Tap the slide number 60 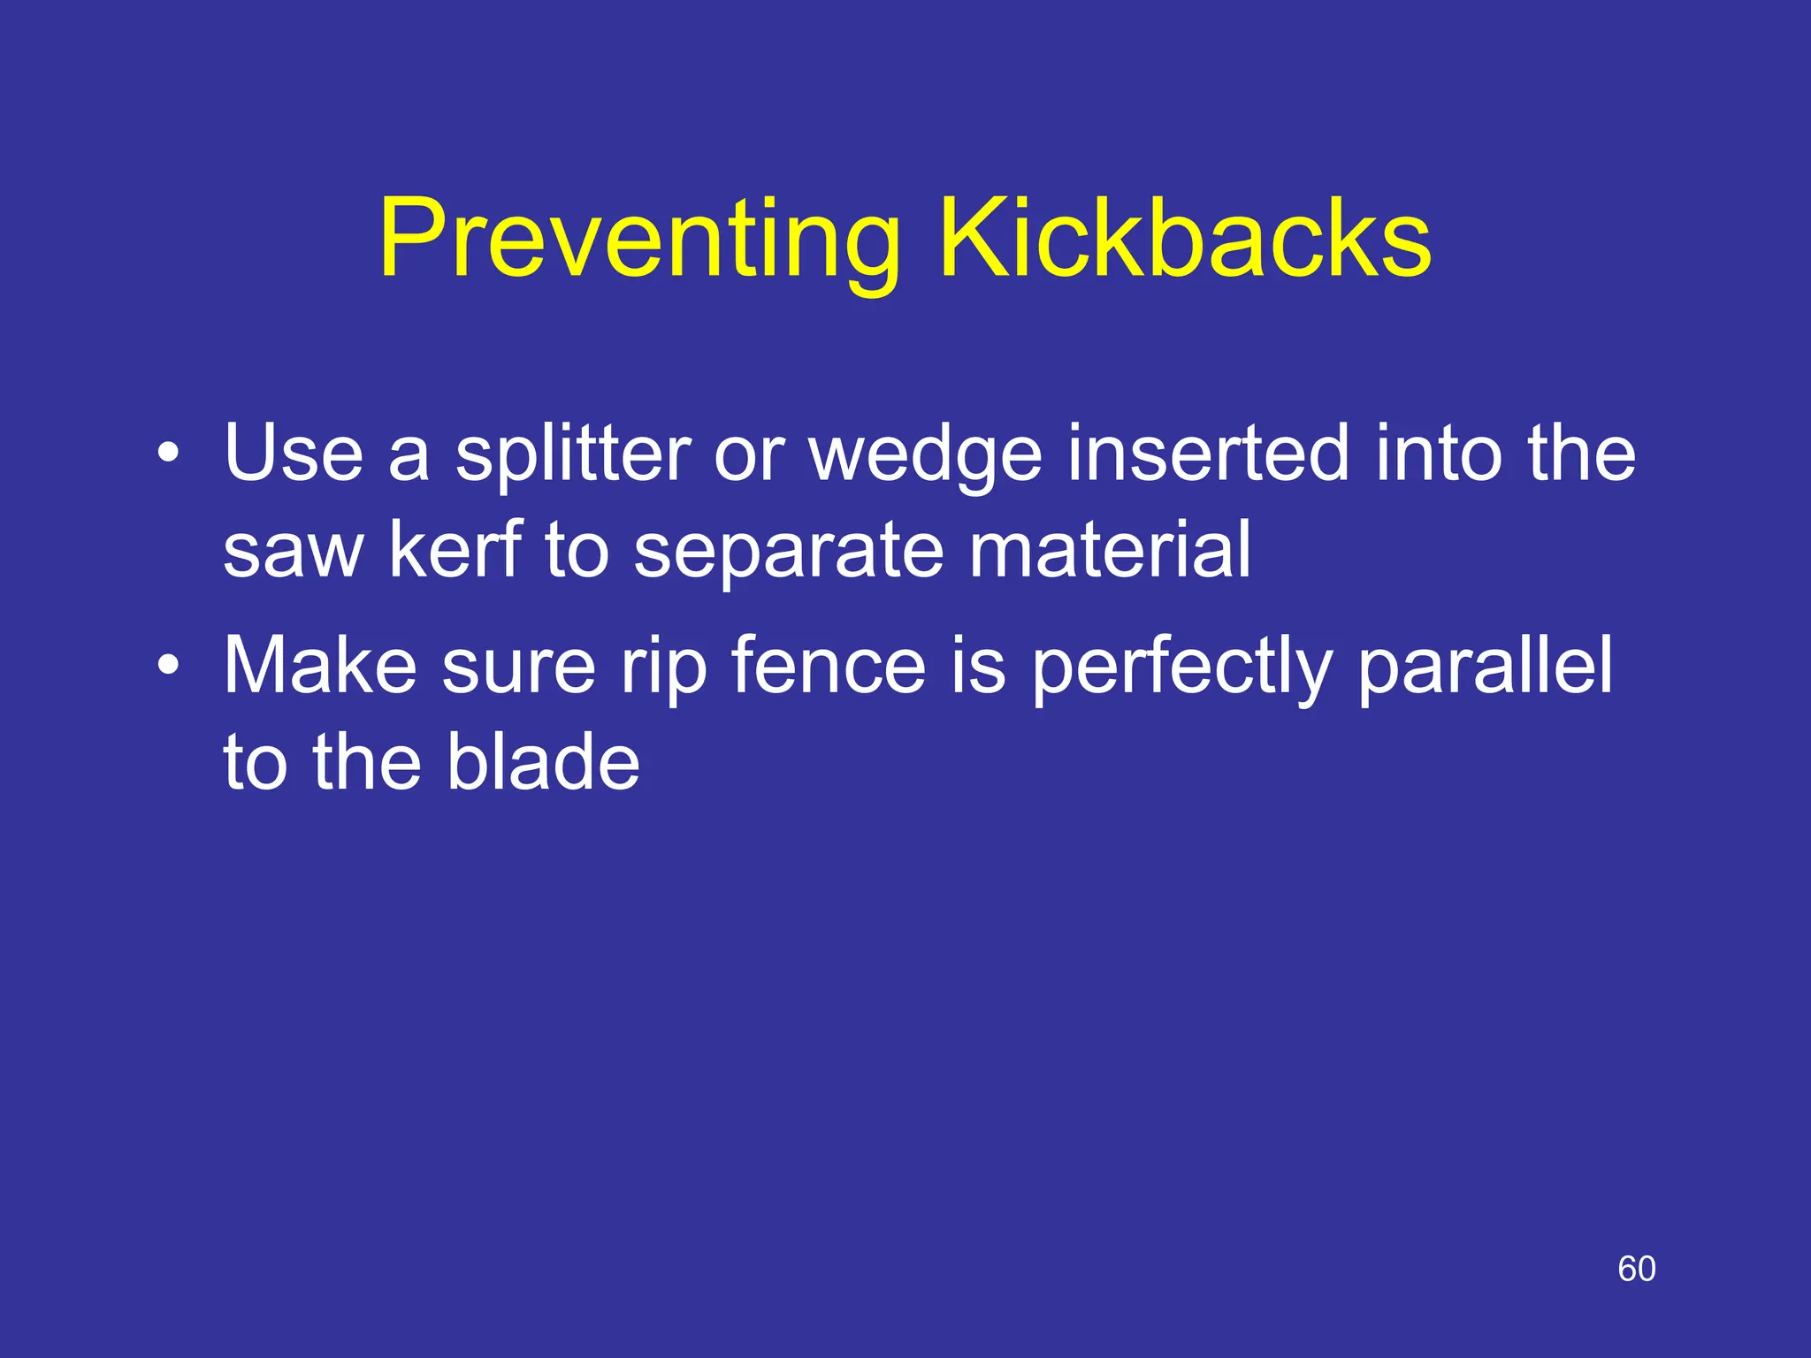(1636, 1269)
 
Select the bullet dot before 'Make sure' (168, 665)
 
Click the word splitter (572, 455)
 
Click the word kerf (456, 549)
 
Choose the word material (1110, 549)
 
